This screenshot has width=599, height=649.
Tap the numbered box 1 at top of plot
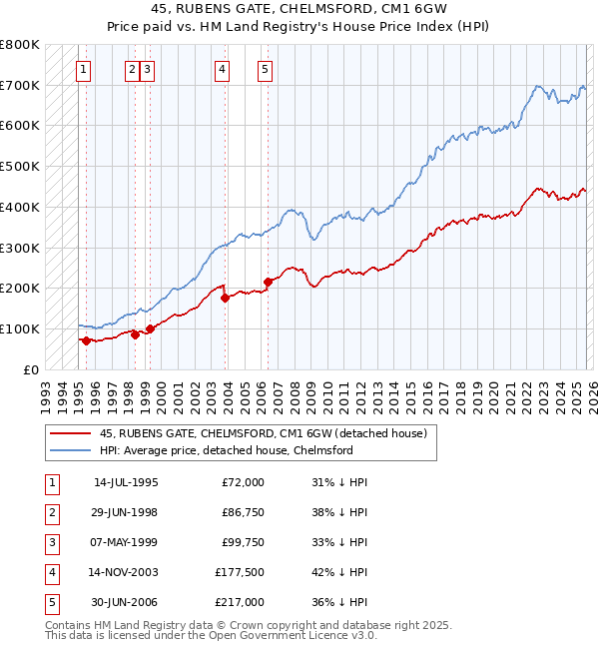tap(83, 70)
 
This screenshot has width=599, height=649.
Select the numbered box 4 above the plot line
tap(222, 70)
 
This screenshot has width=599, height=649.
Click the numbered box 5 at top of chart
tap(265, 70)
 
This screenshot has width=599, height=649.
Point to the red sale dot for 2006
tap(268, 282)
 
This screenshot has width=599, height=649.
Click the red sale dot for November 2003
tap(225, 298)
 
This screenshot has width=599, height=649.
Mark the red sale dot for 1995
tap(86, 340)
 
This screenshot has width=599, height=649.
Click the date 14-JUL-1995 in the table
tap(126, 482)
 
